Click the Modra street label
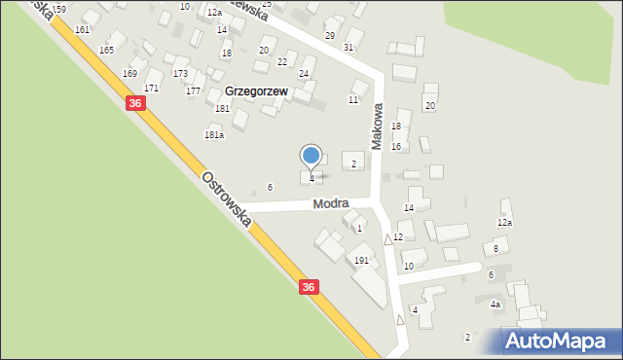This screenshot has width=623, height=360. (331, 204)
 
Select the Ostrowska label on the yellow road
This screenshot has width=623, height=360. (227, 199)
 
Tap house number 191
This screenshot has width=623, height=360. (361, 261)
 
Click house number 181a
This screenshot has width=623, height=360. (214, 135)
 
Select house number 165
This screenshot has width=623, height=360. (106, 50)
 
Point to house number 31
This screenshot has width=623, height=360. (348, 47)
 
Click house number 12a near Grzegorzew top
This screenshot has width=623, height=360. (214, 12)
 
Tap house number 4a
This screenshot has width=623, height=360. (495, 305)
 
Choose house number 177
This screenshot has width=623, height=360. (194, 90)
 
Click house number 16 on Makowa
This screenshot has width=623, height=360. (396, 146)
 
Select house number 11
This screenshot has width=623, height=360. (353, 99)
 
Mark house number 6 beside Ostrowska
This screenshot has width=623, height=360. (271, 187)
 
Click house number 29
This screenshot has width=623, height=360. (330, 35)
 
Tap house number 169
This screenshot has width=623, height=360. (129, 73)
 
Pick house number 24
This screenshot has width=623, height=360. (304, 73)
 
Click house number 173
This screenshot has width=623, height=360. (180, 73)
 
